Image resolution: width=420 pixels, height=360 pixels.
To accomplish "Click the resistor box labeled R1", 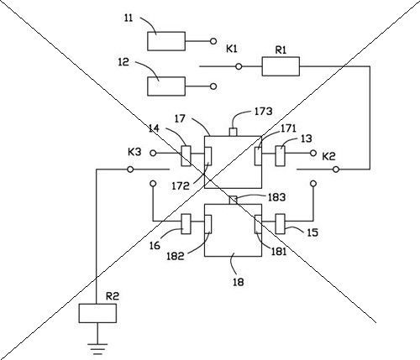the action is coord(281,66).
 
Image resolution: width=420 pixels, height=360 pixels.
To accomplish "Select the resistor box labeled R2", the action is coord(97,313).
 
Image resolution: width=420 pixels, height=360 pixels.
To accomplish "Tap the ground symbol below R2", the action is coord(97,349).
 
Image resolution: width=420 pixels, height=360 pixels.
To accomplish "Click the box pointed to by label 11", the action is coord(166,41).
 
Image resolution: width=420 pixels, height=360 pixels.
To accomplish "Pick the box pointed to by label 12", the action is coord(166,86).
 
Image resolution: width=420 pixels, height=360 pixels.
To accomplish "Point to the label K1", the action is coord(232,50).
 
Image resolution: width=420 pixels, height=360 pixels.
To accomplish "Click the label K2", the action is coord(328,156).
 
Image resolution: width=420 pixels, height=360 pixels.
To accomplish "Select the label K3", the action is coord(134,152).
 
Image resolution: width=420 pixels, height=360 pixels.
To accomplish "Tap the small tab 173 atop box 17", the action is coord(234,132).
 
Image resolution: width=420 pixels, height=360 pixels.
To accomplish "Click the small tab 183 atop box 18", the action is coord(234,200).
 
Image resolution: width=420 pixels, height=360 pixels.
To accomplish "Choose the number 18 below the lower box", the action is coord(239,282).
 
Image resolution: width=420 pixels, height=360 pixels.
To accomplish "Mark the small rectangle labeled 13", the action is coord(280,156).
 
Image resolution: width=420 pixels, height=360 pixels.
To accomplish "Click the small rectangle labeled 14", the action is coord(186,156).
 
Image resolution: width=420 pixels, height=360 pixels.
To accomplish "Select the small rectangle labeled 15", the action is coord(280,224).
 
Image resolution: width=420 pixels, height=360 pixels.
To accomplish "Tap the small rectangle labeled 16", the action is coord(186,224).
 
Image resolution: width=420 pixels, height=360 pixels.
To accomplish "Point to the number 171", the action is coord(288,128).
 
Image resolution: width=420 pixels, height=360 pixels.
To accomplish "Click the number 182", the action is coord(176,256).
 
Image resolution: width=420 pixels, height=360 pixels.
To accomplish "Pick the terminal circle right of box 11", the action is coord(213,41).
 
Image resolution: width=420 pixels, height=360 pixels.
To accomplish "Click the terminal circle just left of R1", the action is coord(239,66).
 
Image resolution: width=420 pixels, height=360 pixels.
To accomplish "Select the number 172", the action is coord(181,186).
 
